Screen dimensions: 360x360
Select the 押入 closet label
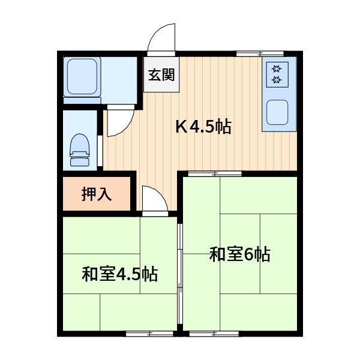(96, 194)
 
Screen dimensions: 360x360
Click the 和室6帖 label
(239, 254)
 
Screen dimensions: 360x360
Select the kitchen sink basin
(278, 113)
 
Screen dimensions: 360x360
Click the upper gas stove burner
(277, 68)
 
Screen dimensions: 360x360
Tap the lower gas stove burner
(277, 80)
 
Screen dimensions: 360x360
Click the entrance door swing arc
(162, 40)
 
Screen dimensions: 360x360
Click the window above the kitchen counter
(259, 53)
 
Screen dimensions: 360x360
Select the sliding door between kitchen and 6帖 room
(214, 174)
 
